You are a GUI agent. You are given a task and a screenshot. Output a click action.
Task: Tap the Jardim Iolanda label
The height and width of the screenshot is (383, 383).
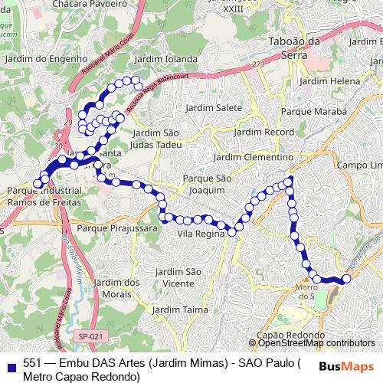tap(165, 58)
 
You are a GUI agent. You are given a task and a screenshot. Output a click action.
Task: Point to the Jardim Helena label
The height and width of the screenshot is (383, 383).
tap(330, 80)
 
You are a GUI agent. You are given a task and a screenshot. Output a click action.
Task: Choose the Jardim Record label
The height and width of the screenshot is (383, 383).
tap(264, 132)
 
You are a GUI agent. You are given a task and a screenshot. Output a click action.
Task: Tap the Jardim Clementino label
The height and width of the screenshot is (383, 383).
tap(254, 157)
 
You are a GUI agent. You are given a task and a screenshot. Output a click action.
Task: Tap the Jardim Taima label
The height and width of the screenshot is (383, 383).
tap(180, 309)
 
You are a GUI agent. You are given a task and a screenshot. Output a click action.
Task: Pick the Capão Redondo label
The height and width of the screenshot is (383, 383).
tap(287, 336)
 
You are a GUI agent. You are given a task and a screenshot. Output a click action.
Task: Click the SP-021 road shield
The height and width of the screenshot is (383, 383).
tap(90, 336)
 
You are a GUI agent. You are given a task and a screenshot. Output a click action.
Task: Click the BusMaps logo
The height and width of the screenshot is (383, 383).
tap(346, 367)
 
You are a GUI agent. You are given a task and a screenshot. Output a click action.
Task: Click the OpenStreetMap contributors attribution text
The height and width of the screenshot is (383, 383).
tap(316, 343)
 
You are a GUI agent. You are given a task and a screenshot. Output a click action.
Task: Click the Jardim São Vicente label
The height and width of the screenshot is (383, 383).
tap(178, 277)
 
